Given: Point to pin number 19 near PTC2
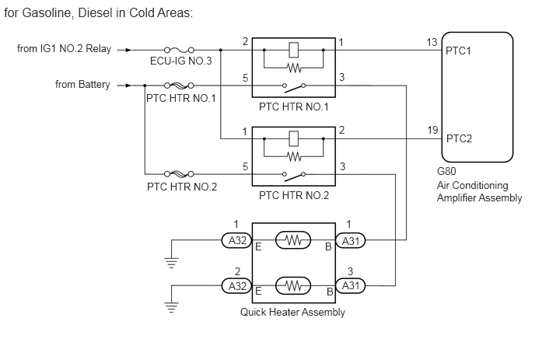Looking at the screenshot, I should (433, 130).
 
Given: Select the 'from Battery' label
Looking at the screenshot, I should (82, 84).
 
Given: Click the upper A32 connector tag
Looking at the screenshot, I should (237, 241).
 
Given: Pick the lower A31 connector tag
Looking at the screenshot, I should (350, 286).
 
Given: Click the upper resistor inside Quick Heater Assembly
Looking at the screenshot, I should (293, 241).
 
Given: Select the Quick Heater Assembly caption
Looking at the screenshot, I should (292, 313).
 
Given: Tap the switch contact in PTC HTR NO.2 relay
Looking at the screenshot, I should (293, 175).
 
